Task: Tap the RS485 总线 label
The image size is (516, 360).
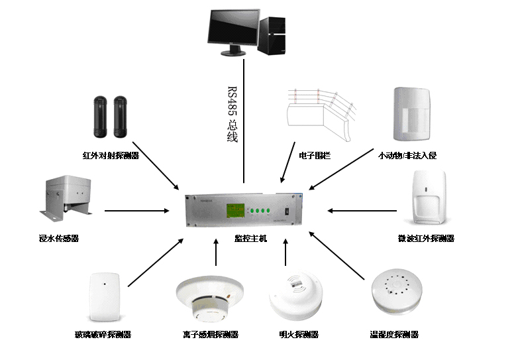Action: tap(232, 113)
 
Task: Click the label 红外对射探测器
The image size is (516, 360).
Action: tap(111, 156)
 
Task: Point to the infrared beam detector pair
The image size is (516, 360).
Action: tap(109, 117)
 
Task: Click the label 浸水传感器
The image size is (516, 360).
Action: tap(59, 238)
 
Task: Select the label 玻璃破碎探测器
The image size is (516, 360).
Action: tap(103, 335)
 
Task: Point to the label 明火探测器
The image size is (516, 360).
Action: tap(298, 335)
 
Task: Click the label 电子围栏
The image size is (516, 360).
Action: tap(315, 156)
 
